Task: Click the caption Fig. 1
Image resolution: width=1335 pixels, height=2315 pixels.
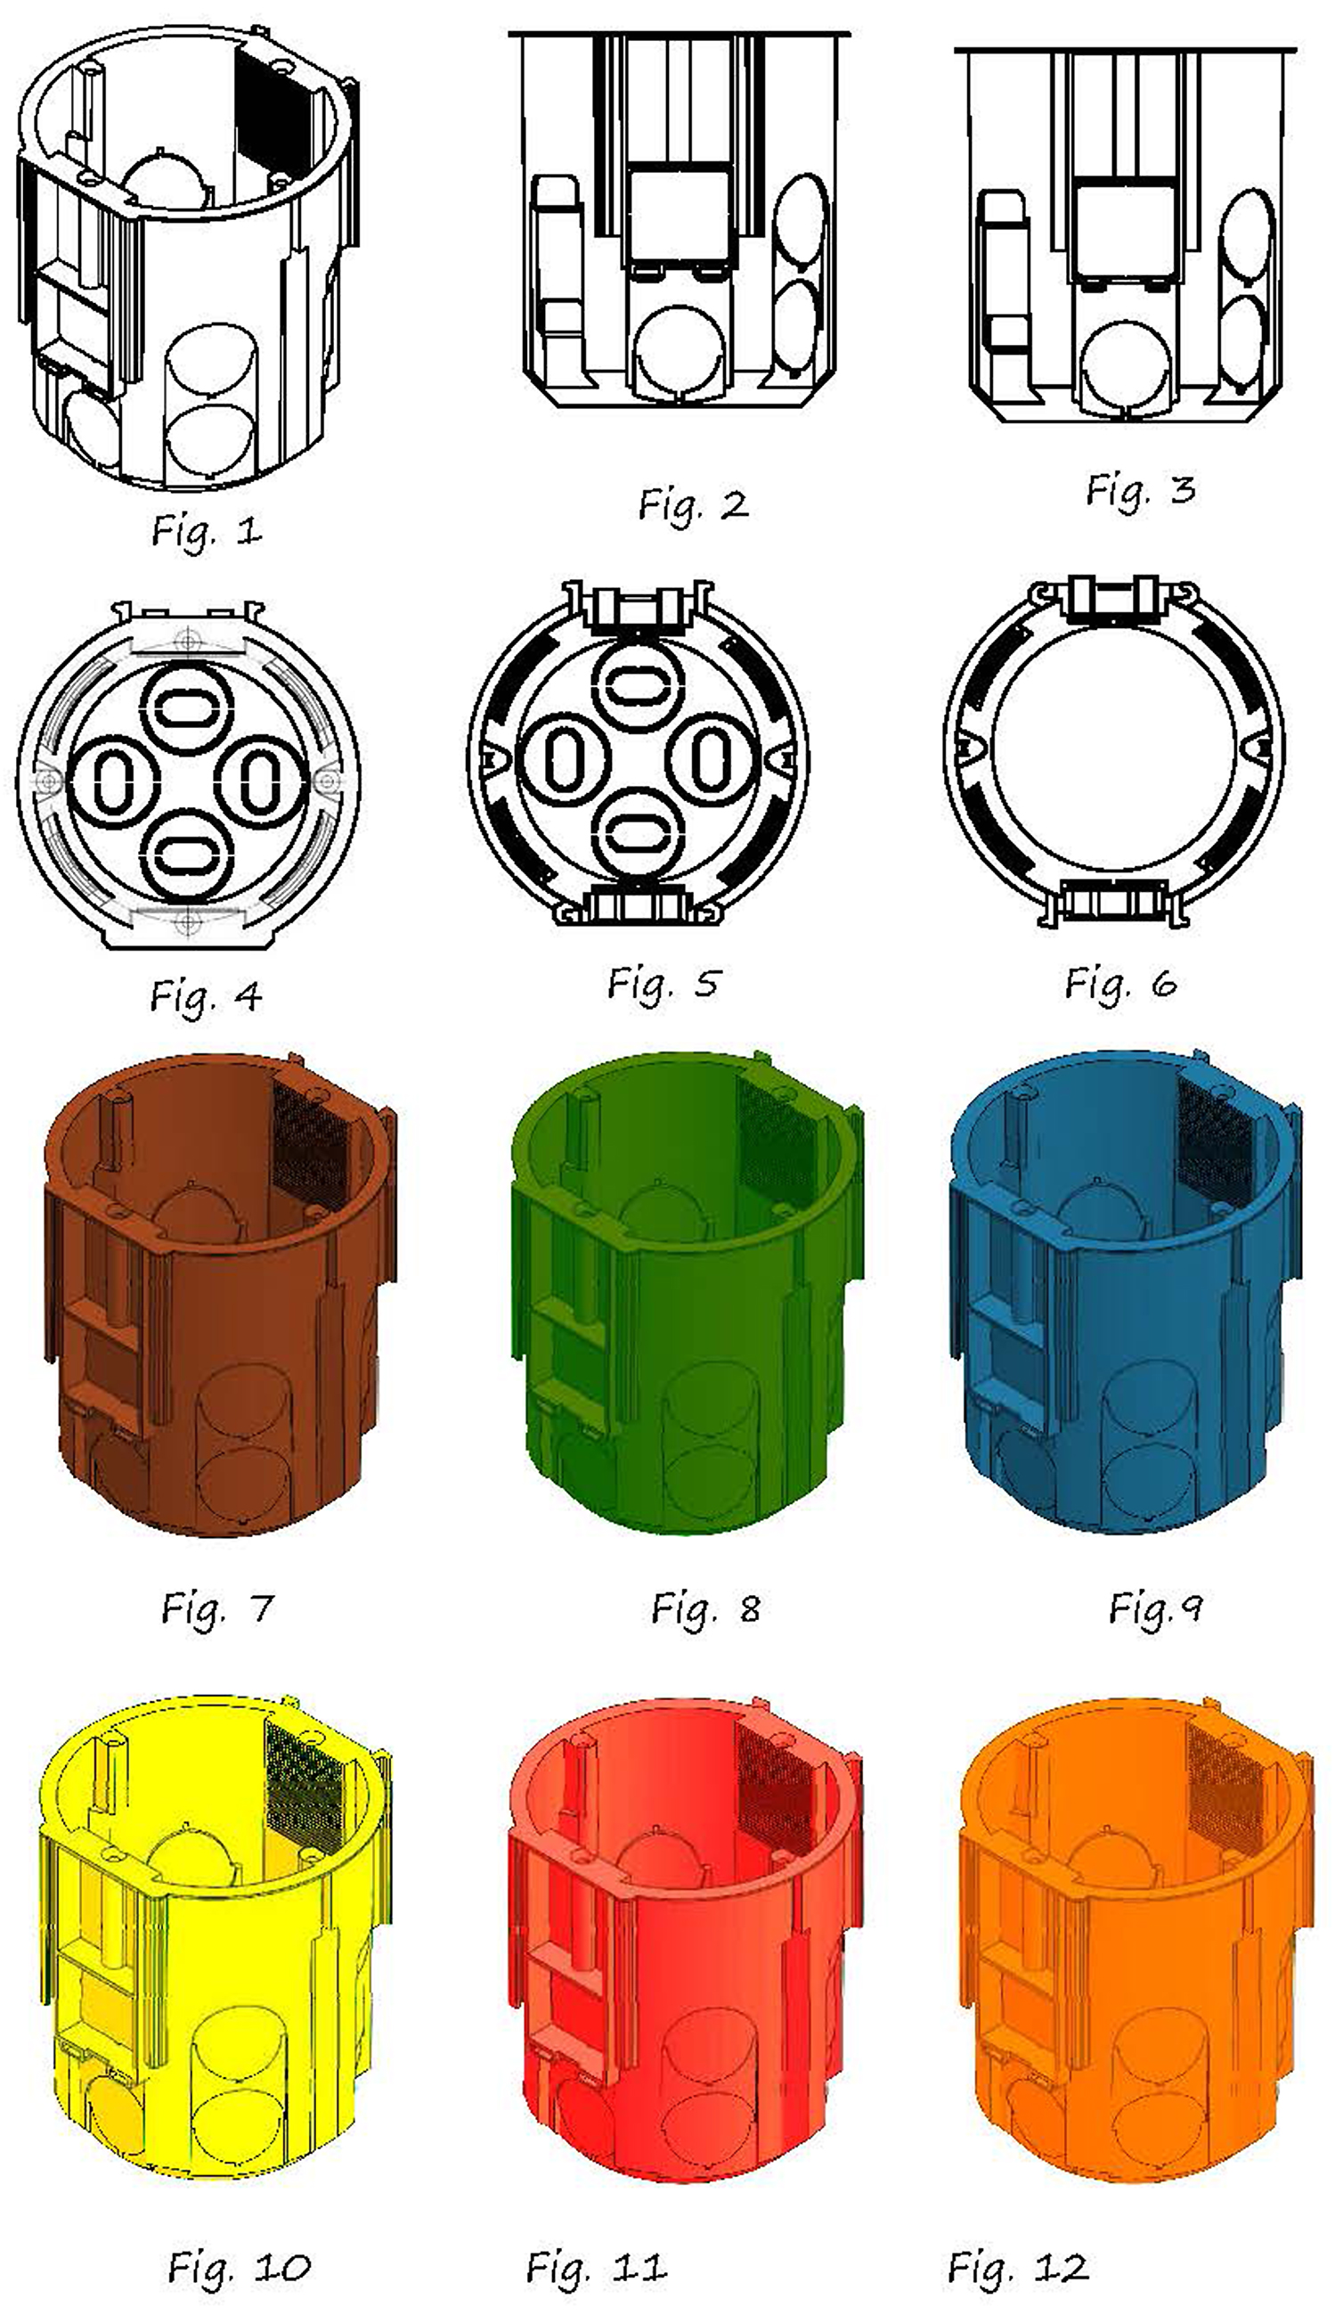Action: pyautogui.click(x=208, y=530)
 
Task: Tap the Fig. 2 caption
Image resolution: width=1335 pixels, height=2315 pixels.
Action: pyautogui.click(x=694, y=504)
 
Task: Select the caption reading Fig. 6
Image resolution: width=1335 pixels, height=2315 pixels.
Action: pyautogui.click(x=1120, y=984)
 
